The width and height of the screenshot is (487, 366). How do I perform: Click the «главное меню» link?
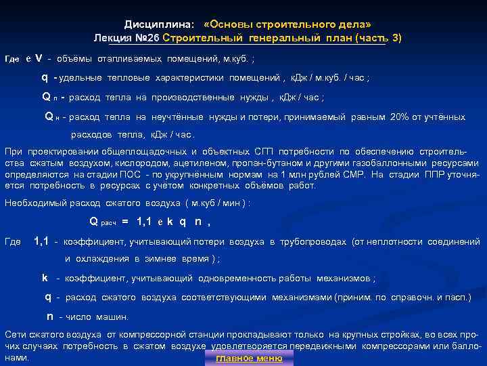tap(249, 359)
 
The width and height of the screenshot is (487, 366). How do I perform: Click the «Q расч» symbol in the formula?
tap(103, 221)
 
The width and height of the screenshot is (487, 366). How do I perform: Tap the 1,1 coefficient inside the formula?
tap(144, 221)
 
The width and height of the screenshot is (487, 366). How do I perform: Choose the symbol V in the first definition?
tap(39, 58)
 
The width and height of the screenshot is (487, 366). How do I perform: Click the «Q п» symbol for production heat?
tap(49, 97)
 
